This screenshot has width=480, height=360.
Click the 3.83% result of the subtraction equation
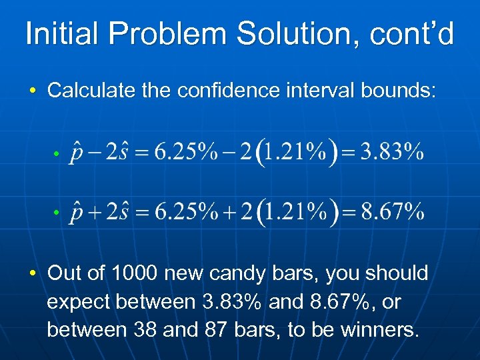[x=392, y=153]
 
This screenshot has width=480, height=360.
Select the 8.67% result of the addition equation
[x=392, y=213]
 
